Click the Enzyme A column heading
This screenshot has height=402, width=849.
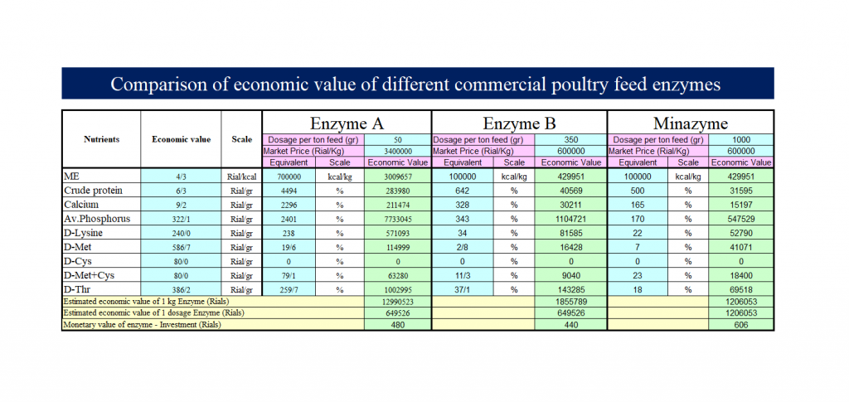coord(347,123)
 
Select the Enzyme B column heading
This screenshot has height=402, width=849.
coord(519,123)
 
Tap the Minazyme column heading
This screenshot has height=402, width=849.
coord(691,123)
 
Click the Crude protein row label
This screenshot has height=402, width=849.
coord(93,191)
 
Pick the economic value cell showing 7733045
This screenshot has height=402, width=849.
coord(398,219)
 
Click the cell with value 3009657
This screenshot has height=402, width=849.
coord(398,177)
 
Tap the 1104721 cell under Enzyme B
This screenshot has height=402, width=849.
coord(571,219)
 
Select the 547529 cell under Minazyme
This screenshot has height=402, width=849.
coord(741,219)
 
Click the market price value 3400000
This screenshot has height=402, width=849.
coord(398,152)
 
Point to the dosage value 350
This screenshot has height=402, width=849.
coord(571,140)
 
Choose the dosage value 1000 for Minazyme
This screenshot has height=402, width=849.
coord(741,140)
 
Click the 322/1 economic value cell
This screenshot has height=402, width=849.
coord(181,219)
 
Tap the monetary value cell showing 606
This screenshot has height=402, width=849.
coord(741,325)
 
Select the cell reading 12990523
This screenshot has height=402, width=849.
coord(398,303)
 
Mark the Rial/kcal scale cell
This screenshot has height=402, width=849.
coord(242,177)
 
